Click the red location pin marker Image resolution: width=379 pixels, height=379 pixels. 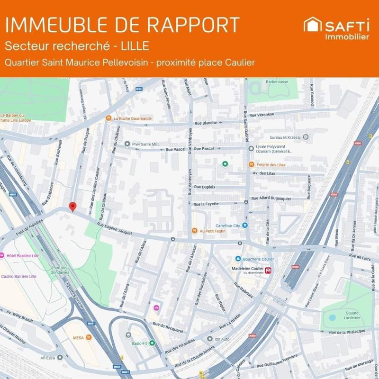tap(72, 207)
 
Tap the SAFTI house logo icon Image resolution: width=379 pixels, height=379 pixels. tap(313, 25)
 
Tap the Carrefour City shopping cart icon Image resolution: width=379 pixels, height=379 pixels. tap(245, 225)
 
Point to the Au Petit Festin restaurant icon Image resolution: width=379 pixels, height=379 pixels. tap(194, 231)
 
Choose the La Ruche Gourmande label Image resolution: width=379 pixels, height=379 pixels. tap(133, 118)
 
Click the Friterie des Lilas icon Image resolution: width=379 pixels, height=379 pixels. tap(251, 164)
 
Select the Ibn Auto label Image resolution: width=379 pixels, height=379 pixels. tap(222, 339)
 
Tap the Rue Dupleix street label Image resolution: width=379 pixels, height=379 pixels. tap(205, 187)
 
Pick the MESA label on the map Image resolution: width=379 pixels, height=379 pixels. tap(78, 338)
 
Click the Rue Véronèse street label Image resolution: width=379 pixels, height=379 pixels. tap(262, 115)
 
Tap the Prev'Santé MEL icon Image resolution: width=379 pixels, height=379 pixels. tap(127, 144)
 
